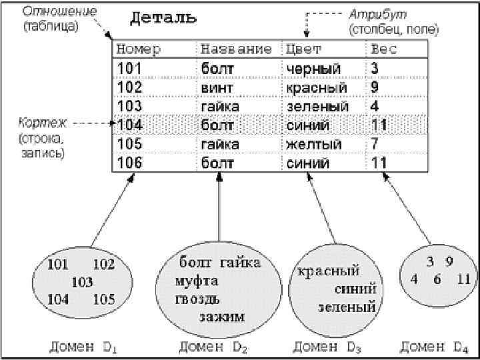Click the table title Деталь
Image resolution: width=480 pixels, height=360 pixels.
163,17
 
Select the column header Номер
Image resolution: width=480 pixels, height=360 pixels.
138,49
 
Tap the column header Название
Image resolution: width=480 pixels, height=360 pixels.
236,49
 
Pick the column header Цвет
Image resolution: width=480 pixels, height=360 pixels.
303,49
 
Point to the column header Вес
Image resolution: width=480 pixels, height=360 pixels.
383,49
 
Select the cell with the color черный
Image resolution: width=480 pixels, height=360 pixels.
313,69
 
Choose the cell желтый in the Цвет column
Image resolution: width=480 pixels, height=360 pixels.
313,144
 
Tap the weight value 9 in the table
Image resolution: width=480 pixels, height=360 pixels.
375,87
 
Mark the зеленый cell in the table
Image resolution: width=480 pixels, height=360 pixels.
317,106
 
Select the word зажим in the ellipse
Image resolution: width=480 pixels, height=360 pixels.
222,315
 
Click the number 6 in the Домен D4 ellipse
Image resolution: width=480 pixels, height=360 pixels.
437,279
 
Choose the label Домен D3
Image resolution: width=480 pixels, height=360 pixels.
327,346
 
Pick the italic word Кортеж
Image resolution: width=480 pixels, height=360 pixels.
43,125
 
